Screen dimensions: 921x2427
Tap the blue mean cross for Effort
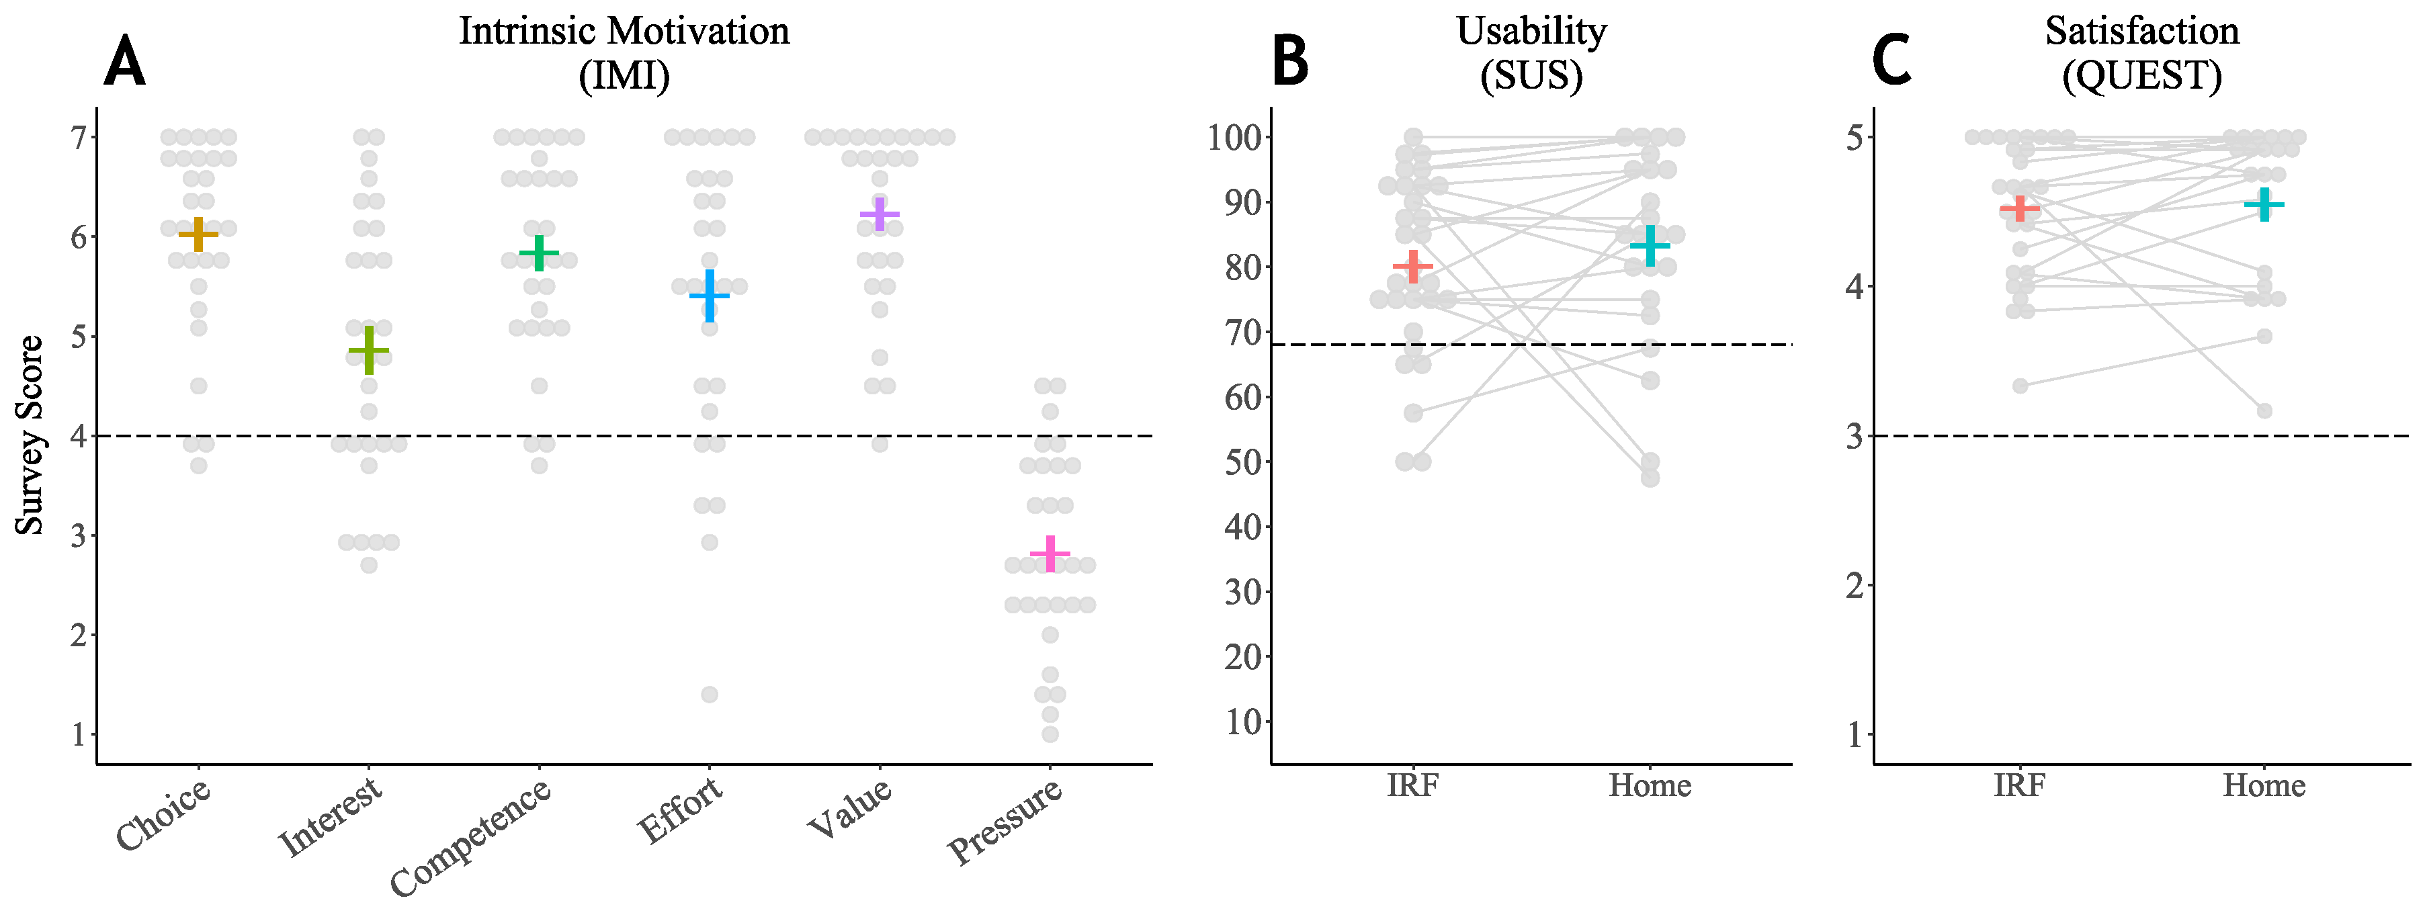coord(710,296)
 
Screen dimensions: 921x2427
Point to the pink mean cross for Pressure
coord(1050,553)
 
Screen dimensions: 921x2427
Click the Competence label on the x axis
coord(471,836)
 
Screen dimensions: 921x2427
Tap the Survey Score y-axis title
coord(30,435)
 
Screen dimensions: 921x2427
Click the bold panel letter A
coord(124,63)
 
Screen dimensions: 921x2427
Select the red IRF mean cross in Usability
coord(1412,267)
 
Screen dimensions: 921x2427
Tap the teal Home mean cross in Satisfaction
coord(2264,204)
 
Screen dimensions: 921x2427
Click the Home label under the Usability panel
coord(1649,785)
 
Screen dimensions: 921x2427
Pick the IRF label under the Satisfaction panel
coord(2019,785)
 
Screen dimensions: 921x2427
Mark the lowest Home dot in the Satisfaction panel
coord(2264,410)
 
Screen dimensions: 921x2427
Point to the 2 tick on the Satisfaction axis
coord(1855,585)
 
